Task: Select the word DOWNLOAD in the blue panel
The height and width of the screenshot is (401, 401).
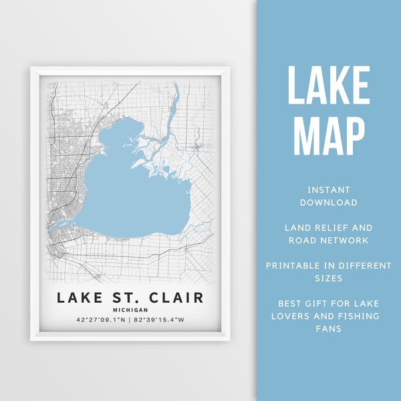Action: pos(328,202)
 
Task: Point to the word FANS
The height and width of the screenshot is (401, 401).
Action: pos(328,329)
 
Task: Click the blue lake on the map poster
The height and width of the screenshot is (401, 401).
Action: pos(127,194)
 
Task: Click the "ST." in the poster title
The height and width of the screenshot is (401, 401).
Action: pos(126,298)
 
